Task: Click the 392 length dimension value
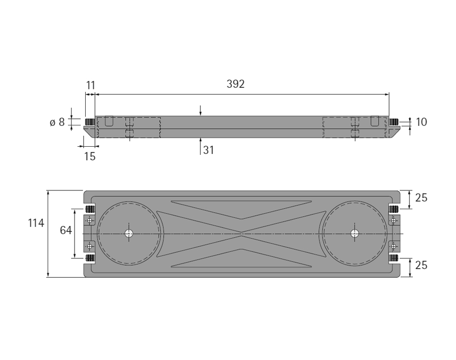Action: tap(235, 84)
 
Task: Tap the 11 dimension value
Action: tap(91, 85)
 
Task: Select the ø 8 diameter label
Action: tap(57, 122)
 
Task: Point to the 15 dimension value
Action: tap(90, 156)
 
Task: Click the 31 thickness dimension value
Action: tap(208, 150)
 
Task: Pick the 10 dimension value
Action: tap(422, 122)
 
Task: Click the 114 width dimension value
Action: tap(36, 223)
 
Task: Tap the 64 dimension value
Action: tap(66, 231)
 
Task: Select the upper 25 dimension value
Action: tap(421, 198)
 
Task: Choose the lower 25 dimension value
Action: tap(421, 266)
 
